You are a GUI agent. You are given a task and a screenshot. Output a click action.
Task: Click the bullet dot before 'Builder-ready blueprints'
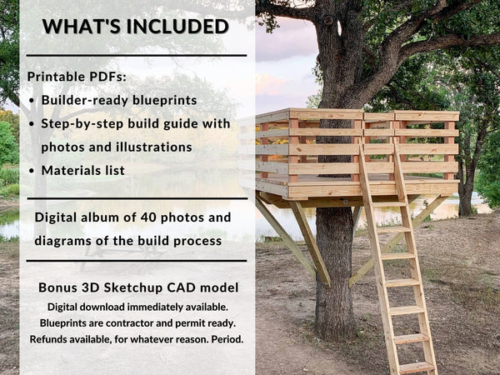[x=32, y=101]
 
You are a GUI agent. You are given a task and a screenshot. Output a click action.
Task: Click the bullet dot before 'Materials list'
[x=32, y=170]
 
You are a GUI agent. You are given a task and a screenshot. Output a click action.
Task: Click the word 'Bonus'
[x=58, y=287]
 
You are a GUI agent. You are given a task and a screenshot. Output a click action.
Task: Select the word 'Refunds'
[x=52, y=339]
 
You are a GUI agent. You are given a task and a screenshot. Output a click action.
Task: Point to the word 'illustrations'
[x=151, y=147]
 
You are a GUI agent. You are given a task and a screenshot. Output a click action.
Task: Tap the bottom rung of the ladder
[x=415, y=367]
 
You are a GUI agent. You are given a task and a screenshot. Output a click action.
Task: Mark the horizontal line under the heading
[x=137, y=56]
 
